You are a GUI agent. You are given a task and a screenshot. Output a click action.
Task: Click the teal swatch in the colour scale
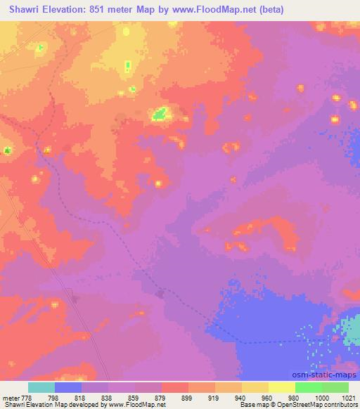coord(41,387)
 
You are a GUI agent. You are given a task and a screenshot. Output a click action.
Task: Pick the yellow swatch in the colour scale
coord(281,387)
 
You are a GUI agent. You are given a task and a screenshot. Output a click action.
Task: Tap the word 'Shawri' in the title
coord(20,10)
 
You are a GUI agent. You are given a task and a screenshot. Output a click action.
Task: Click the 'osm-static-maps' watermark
coord(328,375)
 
